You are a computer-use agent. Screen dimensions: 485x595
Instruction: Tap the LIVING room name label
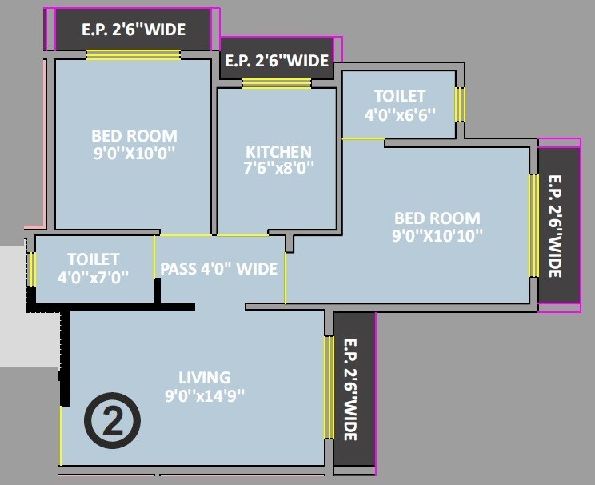coord(204,377)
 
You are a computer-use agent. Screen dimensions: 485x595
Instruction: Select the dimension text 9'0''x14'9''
coord(206,394)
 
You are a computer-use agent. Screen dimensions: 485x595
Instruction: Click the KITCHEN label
coord(278,151)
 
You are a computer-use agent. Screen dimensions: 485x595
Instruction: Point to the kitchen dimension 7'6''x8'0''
coord(279,168)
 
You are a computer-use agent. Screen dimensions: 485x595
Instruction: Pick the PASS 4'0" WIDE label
coord(219,268)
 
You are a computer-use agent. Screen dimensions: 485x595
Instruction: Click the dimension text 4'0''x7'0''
coord(94,276)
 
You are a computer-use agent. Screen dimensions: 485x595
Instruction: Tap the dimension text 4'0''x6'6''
coord(400,114)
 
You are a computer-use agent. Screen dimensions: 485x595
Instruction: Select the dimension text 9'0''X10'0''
coord(134,152)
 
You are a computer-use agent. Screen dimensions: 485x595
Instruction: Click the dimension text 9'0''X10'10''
coord(437,235)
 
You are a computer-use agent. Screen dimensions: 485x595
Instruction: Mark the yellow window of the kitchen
coord(277,83)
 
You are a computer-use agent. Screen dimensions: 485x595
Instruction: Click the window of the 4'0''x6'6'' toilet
coord(461,104)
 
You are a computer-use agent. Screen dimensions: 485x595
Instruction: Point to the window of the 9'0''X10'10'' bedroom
coord(533,226)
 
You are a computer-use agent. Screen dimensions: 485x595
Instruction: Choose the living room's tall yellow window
coord(329,387)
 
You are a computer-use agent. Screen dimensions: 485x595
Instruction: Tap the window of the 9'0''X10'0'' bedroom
coord(133,55)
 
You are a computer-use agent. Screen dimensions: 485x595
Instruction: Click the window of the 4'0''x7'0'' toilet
coord(33,263)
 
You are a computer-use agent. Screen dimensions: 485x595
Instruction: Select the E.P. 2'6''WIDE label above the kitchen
coord(277,61)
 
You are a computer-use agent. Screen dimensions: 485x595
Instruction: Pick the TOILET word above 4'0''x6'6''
coord(400,97)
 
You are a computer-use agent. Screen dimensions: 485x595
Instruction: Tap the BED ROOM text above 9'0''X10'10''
coord(437,218)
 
